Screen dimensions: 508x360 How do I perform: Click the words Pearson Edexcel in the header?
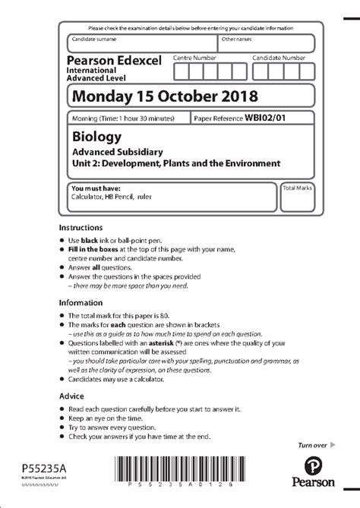click(114, 60)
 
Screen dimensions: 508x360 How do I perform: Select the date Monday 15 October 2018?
click(164, 96)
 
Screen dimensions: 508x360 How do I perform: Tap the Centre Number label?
click(196, 58)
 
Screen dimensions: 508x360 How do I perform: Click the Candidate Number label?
click(279, 58)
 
